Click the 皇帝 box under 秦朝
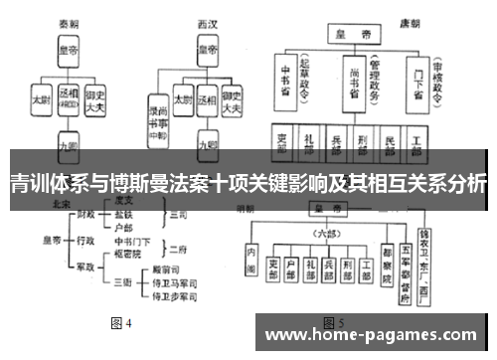(69, 49)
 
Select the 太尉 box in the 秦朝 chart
(40, 100)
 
